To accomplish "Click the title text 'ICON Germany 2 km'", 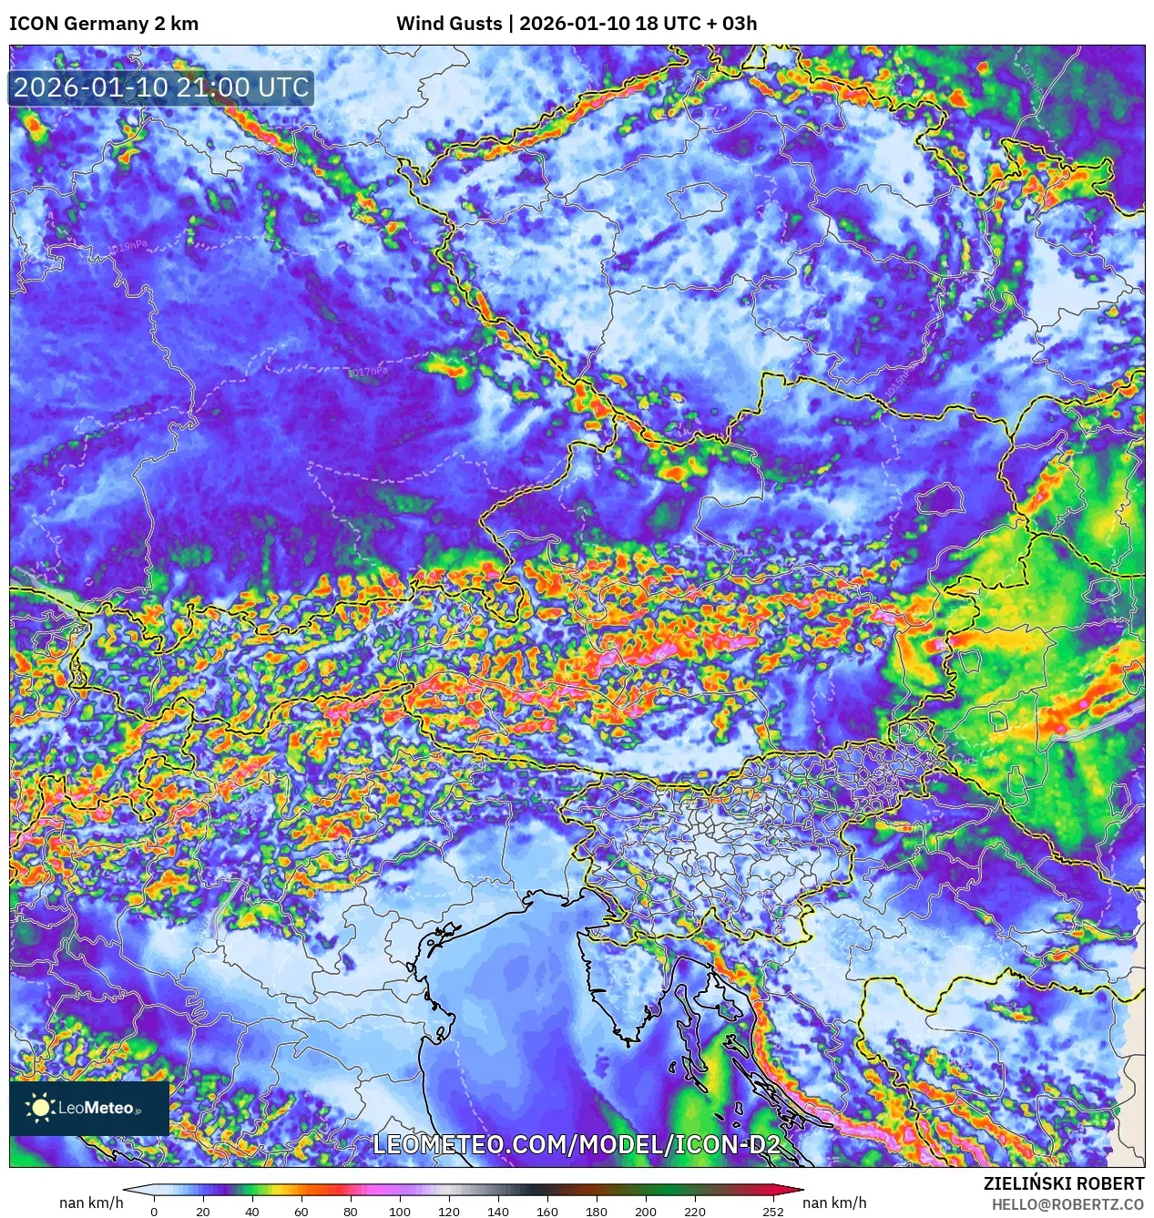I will [x=104, y=24].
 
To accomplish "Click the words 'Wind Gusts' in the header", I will [x=448, y=24].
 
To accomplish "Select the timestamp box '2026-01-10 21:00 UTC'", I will [x=161, y=88].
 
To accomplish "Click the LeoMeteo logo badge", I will [x=89, y=1108].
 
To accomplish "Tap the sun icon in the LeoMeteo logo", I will [x=40, y=1108].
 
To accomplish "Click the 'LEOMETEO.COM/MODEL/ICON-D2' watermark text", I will [x=577, y=1145].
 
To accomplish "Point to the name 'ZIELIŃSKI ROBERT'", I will [x=1063, y=1183].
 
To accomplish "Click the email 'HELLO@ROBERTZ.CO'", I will [x=1067, y=1204].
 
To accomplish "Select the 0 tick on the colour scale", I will [x=154, y=1212].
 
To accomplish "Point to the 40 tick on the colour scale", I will [x=251, y=1212].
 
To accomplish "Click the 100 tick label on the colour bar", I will [x=399, y=1212].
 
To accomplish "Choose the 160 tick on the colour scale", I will [x=546, y=1212].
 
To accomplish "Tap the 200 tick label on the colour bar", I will [x=645, y=1212].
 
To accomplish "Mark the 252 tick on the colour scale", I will [x=773, y=1212].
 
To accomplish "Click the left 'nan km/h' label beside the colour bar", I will [x=91, y=1203].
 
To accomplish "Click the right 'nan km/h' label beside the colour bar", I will [x=834, y=1203].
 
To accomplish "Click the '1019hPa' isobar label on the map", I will [x=127, y=246].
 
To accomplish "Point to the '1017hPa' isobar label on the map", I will [x=368, y=372].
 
